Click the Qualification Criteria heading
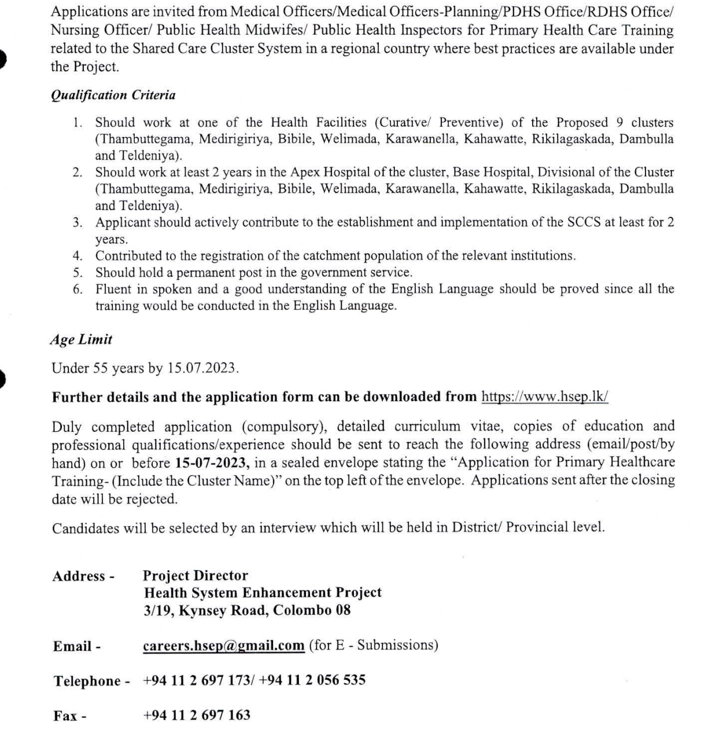(x=113, y=95)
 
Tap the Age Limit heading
(x=81, y=340)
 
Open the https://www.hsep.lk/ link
(x=544, y=397)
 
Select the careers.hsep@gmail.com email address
(x=224, y=646)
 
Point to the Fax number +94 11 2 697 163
(x=197, y=715)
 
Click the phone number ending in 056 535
(x=312, y=680)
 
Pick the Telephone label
(x=87, y=681)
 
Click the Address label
(x=79, y=576)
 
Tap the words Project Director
(x=195, y=576)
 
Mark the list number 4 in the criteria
(x=78, y=256)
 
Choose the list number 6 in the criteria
(x=78, y=289)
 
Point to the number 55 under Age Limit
(x=102, y=368)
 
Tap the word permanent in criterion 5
(x=202, y=272)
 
